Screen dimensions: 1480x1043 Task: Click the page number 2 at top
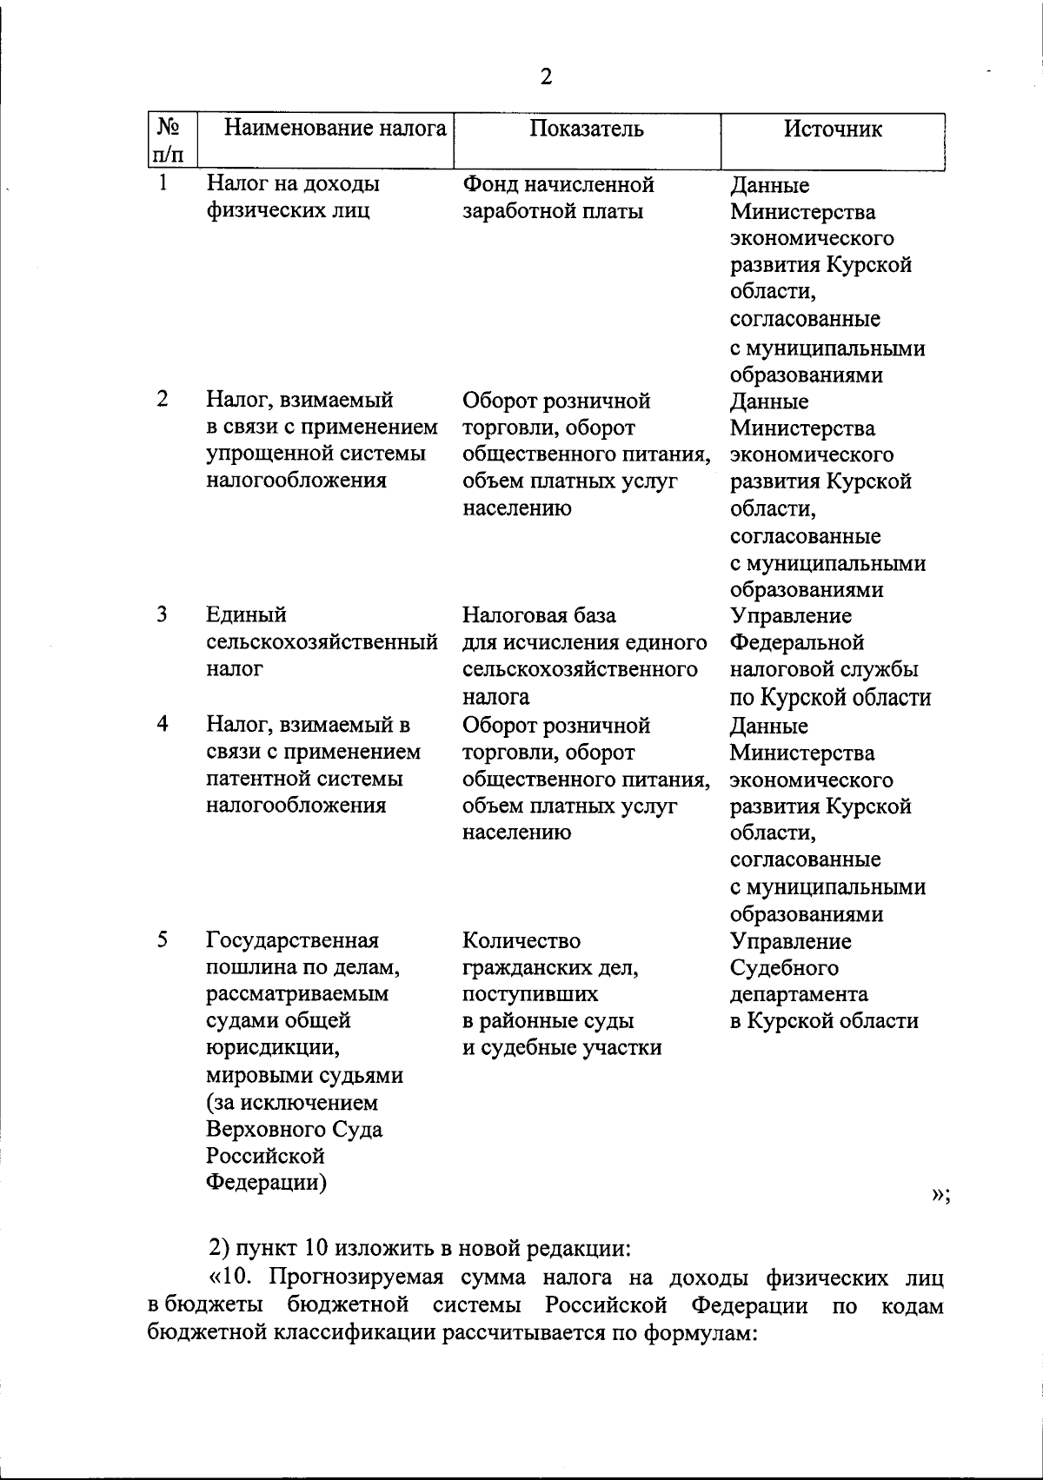[x=545, y=77]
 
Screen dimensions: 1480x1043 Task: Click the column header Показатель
[x=587, y=129]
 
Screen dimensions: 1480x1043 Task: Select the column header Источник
[x=833, y=129]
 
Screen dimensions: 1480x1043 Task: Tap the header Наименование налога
[x=335, y=129]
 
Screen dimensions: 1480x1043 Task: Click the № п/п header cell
[x=169, y=141]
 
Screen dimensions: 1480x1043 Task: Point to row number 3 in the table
[x=163, y=614]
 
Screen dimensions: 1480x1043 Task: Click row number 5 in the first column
[x=163, y=939]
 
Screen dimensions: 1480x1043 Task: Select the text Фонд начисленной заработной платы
[x=558, y=197]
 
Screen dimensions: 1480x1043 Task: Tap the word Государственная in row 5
[x=292, y=940]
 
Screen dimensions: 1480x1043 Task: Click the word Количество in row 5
[x=521, y=940]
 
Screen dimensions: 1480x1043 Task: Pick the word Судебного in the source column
[x=784, y=967]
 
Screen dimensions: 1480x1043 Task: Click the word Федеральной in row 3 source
[x=797, y=643]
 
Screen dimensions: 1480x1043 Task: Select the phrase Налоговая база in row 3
[x=539, y=615]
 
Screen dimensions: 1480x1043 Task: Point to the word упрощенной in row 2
[x=262, y=454]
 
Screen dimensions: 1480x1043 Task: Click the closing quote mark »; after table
[x=940, y=1196]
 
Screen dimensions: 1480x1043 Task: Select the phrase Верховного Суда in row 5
[x=294, y=1130]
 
